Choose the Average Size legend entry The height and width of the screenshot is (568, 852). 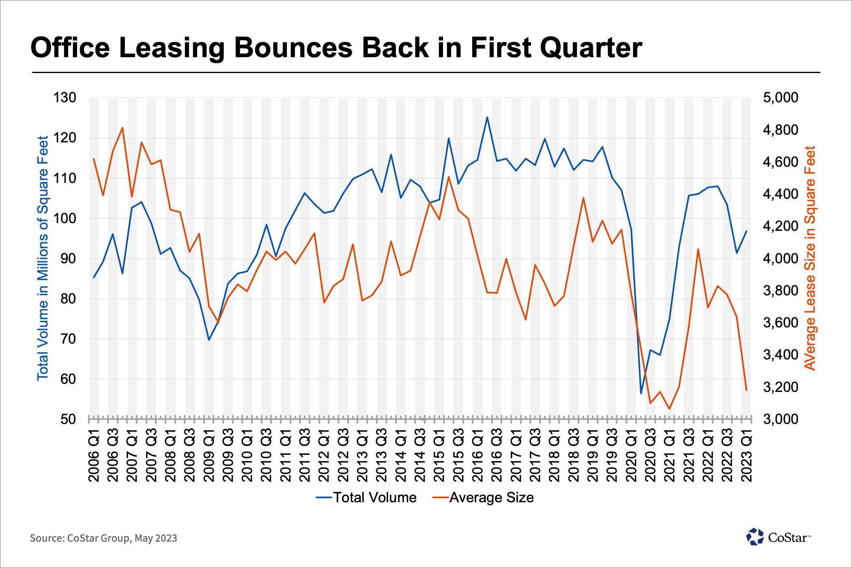tap(483, 497)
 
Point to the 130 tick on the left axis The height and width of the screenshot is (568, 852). tap(65, 98)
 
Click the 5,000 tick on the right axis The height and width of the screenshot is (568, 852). tap(780, 98)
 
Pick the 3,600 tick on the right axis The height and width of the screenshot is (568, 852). tap(780, 323)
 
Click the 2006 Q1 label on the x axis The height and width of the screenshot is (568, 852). tap(94, 455)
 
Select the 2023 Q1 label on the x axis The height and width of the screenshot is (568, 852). tap(747, 455)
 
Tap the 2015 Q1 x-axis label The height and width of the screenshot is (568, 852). tap(439, 455)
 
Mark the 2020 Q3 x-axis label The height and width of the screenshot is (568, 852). tap(650, 455)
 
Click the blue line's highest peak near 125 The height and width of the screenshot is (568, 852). tap(487, 118)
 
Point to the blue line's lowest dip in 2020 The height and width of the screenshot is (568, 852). tap(641, 393)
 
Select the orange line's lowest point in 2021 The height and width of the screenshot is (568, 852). tap(669, 409)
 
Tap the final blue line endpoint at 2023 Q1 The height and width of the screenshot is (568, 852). tap(747, 231)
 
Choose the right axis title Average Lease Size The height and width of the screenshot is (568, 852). tap(810, 258)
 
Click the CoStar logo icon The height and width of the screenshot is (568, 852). tap(755, 537)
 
